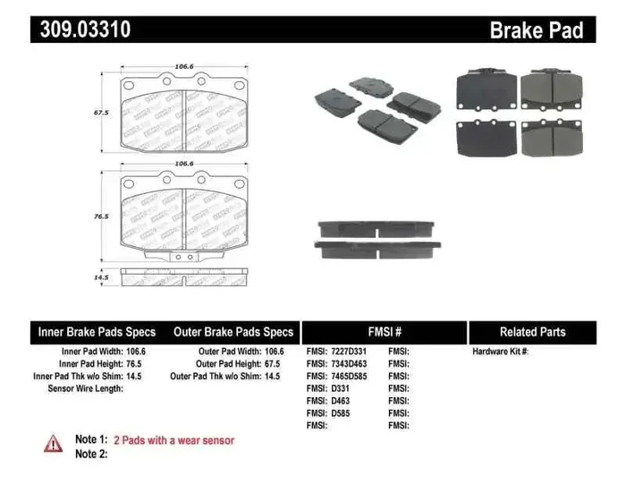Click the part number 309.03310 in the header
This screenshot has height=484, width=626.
coord(86,30)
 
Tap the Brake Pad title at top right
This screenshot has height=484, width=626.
coord(536,30)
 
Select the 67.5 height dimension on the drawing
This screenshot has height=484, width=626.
coord(101,114)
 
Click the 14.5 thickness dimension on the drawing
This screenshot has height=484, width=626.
coord(101,279)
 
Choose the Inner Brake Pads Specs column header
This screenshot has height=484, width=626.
coord(97,331)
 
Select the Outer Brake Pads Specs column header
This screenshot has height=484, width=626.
coord(233,331)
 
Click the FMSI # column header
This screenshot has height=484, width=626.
coord(385,331)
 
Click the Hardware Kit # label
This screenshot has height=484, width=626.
coord(501,352)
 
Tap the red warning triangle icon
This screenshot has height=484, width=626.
coord(54,442)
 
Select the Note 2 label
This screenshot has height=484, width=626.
coord(90,454)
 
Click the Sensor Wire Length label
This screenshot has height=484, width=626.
coord(86,389)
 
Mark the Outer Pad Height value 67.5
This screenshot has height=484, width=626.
coord(269,364)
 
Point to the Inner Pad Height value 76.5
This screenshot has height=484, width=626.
coord(133,364)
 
